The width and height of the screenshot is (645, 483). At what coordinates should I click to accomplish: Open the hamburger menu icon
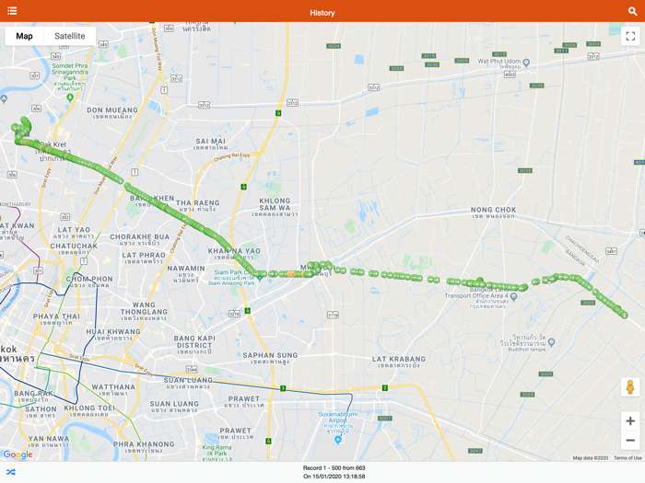point(12,11)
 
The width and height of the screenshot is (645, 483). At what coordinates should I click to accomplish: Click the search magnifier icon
point(633,11)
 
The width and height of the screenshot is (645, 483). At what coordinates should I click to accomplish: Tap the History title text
point(322,12)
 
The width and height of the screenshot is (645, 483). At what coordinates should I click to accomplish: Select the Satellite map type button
point(69,36)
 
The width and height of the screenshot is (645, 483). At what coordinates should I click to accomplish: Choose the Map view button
point(24,36)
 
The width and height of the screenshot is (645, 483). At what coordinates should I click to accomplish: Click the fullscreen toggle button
point(630,36)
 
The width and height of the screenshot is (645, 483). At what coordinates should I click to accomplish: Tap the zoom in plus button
point(630,421)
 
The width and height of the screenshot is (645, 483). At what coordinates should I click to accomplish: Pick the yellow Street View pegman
point(630,387)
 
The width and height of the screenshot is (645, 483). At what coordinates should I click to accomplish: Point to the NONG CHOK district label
point(493,210)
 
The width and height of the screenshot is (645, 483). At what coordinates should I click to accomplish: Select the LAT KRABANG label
point(398,359)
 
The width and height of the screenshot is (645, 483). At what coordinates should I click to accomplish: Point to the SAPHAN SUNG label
point(271,355)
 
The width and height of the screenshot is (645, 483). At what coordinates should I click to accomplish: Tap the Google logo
point(18,454)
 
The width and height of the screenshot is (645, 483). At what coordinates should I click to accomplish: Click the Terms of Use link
point(627,457)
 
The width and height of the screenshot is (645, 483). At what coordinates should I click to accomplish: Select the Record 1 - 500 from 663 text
point(334,468)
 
